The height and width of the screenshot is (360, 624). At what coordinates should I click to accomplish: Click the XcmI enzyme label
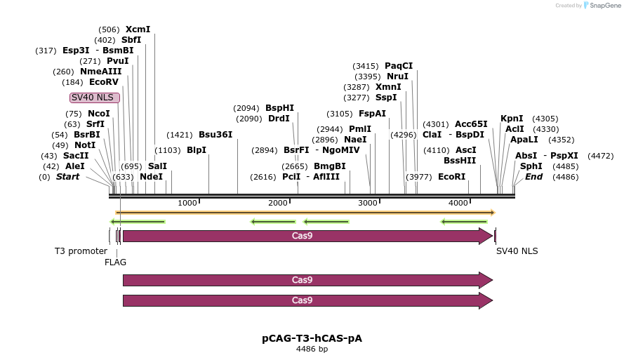[x=138, y=29]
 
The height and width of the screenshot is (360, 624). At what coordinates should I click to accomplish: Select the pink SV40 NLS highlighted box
[x=95, y=98]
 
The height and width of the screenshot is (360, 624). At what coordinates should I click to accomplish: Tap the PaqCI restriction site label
[x=399, y=66]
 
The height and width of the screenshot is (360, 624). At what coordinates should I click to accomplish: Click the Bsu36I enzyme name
[x=215, y=135]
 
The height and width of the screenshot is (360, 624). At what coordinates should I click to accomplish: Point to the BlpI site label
[x=197, y=150]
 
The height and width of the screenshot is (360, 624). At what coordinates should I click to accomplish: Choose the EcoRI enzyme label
[x=451, y=177]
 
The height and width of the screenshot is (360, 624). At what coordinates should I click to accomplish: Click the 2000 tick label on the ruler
[x=278, y=203]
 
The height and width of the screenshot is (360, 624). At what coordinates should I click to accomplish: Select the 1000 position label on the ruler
[x=187, y=203]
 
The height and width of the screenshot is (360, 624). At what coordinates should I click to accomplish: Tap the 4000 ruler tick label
[x=458, y=203]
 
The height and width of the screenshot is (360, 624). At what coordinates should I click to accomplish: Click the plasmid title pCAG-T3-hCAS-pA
[x=312, y=338]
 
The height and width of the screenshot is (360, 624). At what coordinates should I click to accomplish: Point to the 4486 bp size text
[x=312, y=349]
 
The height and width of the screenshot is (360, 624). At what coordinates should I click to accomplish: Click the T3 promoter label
[x=81, y=251]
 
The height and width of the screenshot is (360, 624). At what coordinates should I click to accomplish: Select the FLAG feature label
[x=115, y=262]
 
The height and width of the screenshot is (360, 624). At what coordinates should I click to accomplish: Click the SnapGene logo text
[x=604, y=6]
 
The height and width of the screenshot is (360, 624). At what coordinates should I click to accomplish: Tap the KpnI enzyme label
[x=512, y=119]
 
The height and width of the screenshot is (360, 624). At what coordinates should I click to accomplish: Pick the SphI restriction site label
[x=531, y=166]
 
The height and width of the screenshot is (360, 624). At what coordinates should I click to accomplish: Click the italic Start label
[x=67, y=177]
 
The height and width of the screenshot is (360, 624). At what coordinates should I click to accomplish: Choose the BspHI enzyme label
[x=279, y=108]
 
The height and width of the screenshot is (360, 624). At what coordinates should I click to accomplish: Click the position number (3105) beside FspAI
[x=340, y=114]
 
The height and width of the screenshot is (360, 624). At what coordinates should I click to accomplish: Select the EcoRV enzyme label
[x=104, y=82]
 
